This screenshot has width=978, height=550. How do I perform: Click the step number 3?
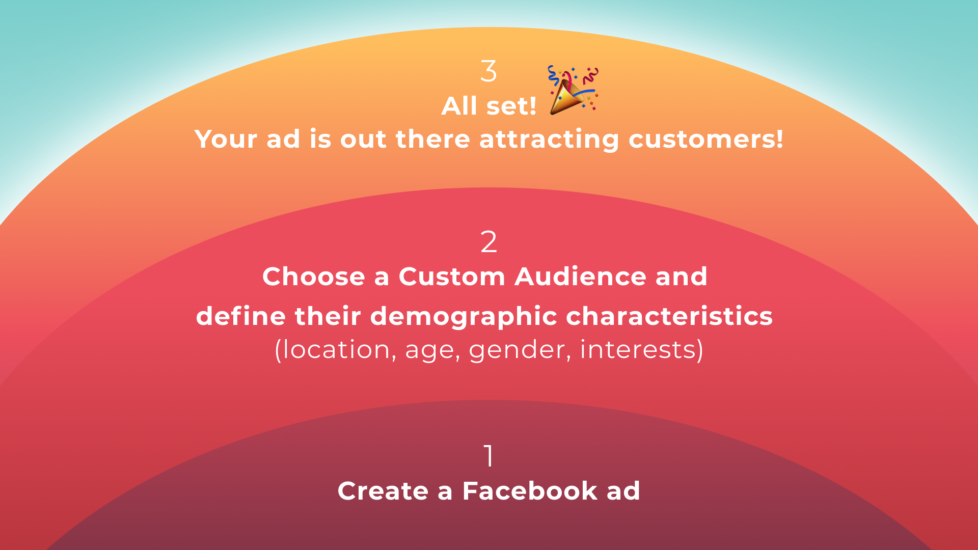coord(488,71)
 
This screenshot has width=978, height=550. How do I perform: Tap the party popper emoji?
coord(573,90)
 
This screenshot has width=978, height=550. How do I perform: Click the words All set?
coord(488,106)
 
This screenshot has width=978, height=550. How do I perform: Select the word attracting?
coord(549,139)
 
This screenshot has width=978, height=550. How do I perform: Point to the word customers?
coord(706,139)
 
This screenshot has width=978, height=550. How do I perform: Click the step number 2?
coord(488,242)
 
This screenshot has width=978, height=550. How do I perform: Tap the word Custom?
coord(452,277)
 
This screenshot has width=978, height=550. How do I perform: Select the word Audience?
coord(581,277)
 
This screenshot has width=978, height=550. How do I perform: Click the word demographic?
coord(464,317)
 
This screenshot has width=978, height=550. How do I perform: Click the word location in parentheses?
coord(336,350)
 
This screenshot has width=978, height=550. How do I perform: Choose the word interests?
coord(638,350)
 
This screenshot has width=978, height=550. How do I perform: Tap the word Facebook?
coord(530,491)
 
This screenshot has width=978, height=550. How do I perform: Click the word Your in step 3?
coord(226,139)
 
